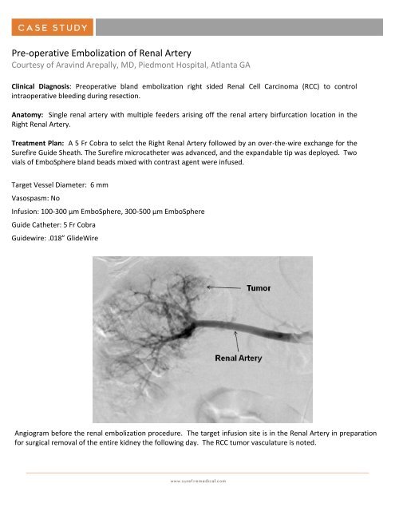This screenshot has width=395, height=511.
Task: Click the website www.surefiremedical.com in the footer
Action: coord(197,481)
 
